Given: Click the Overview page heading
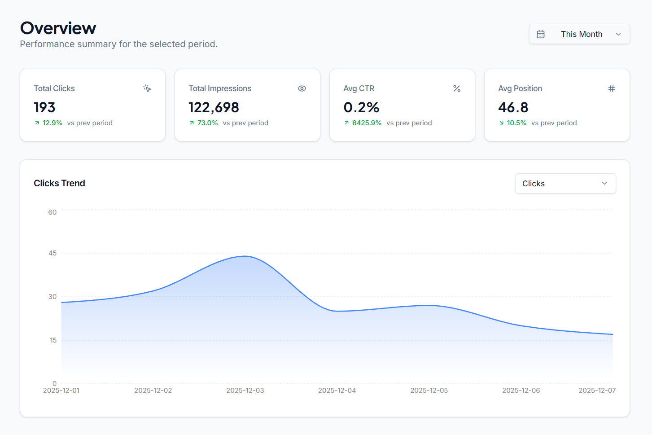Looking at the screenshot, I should (58, 28).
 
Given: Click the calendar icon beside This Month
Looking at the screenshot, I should (541, 34).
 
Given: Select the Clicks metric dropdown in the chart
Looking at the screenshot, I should (565, 184).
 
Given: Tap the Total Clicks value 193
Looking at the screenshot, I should (44, 107).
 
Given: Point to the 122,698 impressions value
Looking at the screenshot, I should (214, 107).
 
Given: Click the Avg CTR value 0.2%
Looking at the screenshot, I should (361, 107).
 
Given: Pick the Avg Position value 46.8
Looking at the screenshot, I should (513, 107).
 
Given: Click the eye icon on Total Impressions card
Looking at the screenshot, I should (302, 88).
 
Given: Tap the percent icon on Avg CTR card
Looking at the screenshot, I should (457, 88).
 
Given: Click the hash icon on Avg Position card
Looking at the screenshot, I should (611, 88).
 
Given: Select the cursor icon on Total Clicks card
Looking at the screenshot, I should (147, 88).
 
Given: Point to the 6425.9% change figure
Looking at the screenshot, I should (367, 123).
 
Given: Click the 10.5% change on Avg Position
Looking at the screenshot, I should (516, 123).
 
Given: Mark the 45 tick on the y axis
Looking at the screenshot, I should (53, 253).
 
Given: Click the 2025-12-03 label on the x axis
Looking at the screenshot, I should (245, 391).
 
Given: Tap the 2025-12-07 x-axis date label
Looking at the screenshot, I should (597, 391).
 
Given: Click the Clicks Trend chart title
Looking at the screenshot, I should (59, 183).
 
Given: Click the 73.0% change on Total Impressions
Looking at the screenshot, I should (207, 123).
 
